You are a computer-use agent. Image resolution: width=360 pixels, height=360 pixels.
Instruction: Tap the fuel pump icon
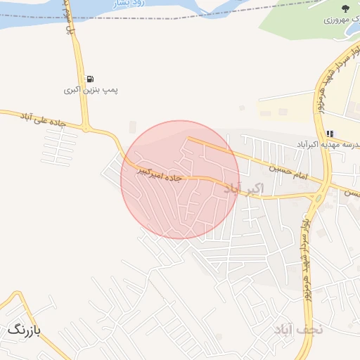pos(91,79)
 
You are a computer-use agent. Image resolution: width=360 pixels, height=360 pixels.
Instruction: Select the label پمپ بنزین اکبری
pos(91,91)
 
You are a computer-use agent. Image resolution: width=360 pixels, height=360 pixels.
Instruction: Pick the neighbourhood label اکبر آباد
pos(243,188)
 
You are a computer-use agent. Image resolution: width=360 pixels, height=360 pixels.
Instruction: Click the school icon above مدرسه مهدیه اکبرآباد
pos(330,133)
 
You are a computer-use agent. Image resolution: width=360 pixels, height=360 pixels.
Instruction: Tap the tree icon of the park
pos(345,8)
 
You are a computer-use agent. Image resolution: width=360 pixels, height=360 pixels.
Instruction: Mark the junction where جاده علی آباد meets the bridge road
pos(86,128)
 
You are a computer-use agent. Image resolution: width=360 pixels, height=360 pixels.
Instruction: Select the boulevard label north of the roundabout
pos(330,84)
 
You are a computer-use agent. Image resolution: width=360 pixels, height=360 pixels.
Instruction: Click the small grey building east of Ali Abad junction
pos(133,127)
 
